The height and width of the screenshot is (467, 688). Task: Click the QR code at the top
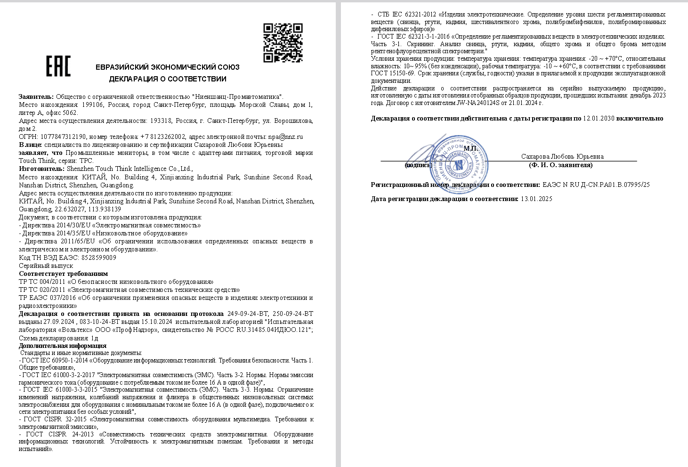click(283, 43)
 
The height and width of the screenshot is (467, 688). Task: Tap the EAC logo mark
click(58, 66)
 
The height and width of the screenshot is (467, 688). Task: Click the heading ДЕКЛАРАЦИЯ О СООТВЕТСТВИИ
click(168, 79)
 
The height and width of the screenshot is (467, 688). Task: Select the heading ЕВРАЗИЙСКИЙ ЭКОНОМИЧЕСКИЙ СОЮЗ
click(168, 67)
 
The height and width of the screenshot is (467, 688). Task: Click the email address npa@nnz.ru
click(285, 137)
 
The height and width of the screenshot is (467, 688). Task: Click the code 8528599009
click(98, 258)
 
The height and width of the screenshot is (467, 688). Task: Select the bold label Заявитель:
click(36, 97)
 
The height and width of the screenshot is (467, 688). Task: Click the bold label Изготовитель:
click(41, 169)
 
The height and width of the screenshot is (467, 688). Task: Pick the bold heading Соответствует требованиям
click(63, 274)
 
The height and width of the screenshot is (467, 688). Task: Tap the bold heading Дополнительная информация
click(63, 346)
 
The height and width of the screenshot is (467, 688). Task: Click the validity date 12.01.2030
click(599, 119)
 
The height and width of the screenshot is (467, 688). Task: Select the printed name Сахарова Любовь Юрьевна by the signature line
click(562, 156)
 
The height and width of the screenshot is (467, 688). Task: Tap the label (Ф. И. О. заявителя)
click(560, 165)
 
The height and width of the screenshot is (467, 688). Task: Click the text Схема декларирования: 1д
click(58, 338)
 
